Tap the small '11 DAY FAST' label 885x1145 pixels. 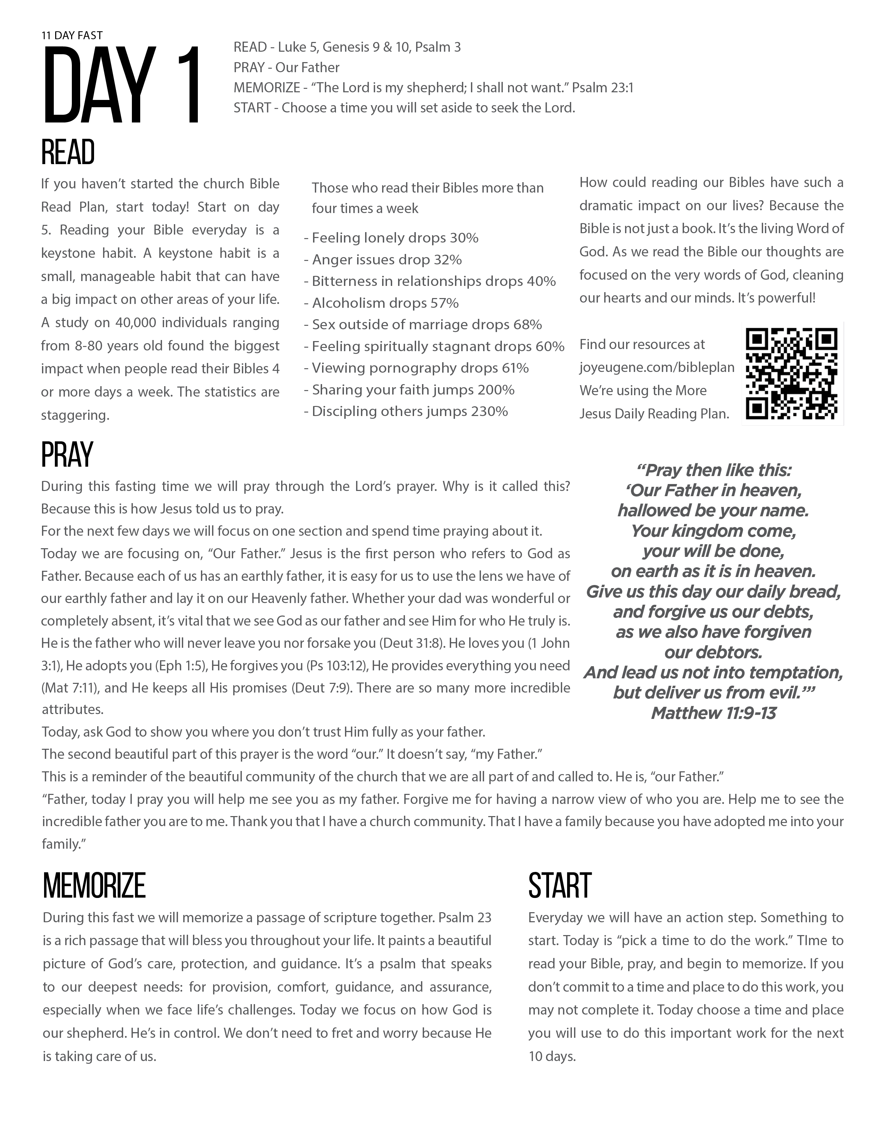pyautogui.click(x=72, y=35)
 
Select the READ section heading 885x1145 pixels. pyautogui.click(x=68, y=153)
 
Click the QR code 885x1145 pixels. pyautogui.click(x=792, y=373)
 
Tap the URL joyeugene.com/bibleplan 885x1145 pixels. pyautogui.click(x=656, y=367)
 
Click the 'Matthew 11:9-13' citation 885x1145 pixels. pyautogui.click(x=713, y=713)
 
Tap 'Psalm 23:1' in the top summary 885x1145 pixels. pyautogui.click(x=602, y=87)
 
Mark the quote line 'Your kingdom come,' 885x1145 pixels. pyautogui.click(x=713, y=531)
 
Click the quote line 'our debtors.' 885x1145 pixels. pyautogui.click(x=713, y=652)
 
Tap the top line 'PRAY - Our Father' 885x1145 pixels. pyautogui.click(x=286, y=68)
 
